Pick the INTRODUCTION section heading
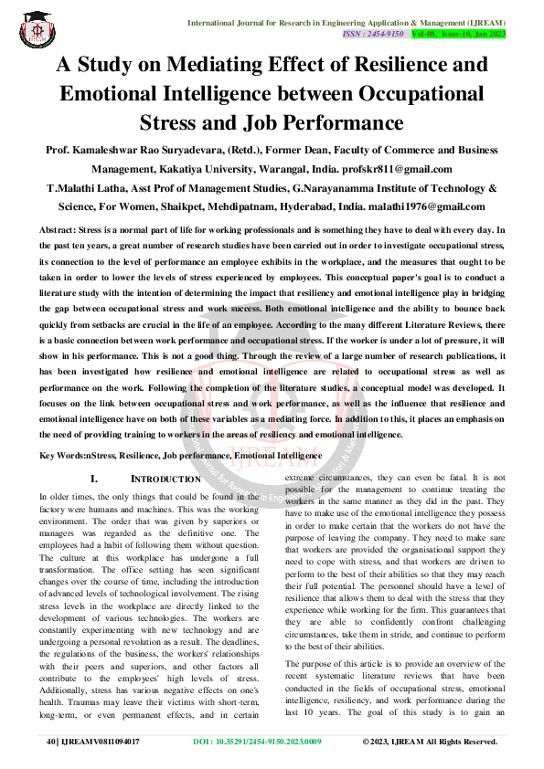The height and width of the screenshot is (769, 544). coord(165,479)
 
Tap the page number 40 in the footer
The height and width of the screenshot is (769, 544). coord(51,742)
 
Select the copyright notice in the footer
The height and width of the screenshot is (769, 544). coord(430,742)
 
